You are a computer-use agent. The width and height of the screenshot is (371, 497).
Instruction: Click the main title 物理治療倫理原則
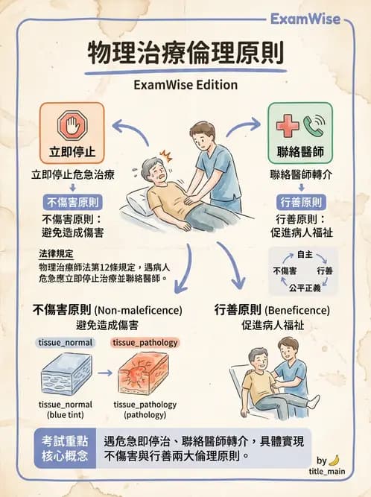tap(185, 54)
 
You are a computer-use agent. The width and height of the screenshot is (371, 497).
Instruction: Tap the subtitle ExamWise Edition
tap(185, 84)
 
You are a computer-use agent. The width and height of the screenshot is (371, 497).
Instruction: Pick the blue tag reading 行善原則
tap(299, 202)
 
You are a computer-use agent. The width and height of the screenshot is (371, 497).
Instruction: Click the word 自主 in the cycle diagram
tap(304, 255)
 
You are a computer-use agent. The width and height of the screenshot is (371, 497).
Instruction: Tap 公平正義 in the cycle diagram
tap(304, 286)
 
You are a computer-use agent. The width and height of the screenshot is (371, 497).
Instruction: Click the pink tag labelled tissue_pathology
tap(145, 343)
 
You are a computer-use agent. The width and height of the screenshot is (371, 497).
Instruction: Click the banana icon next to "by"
tap(334, 460)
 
